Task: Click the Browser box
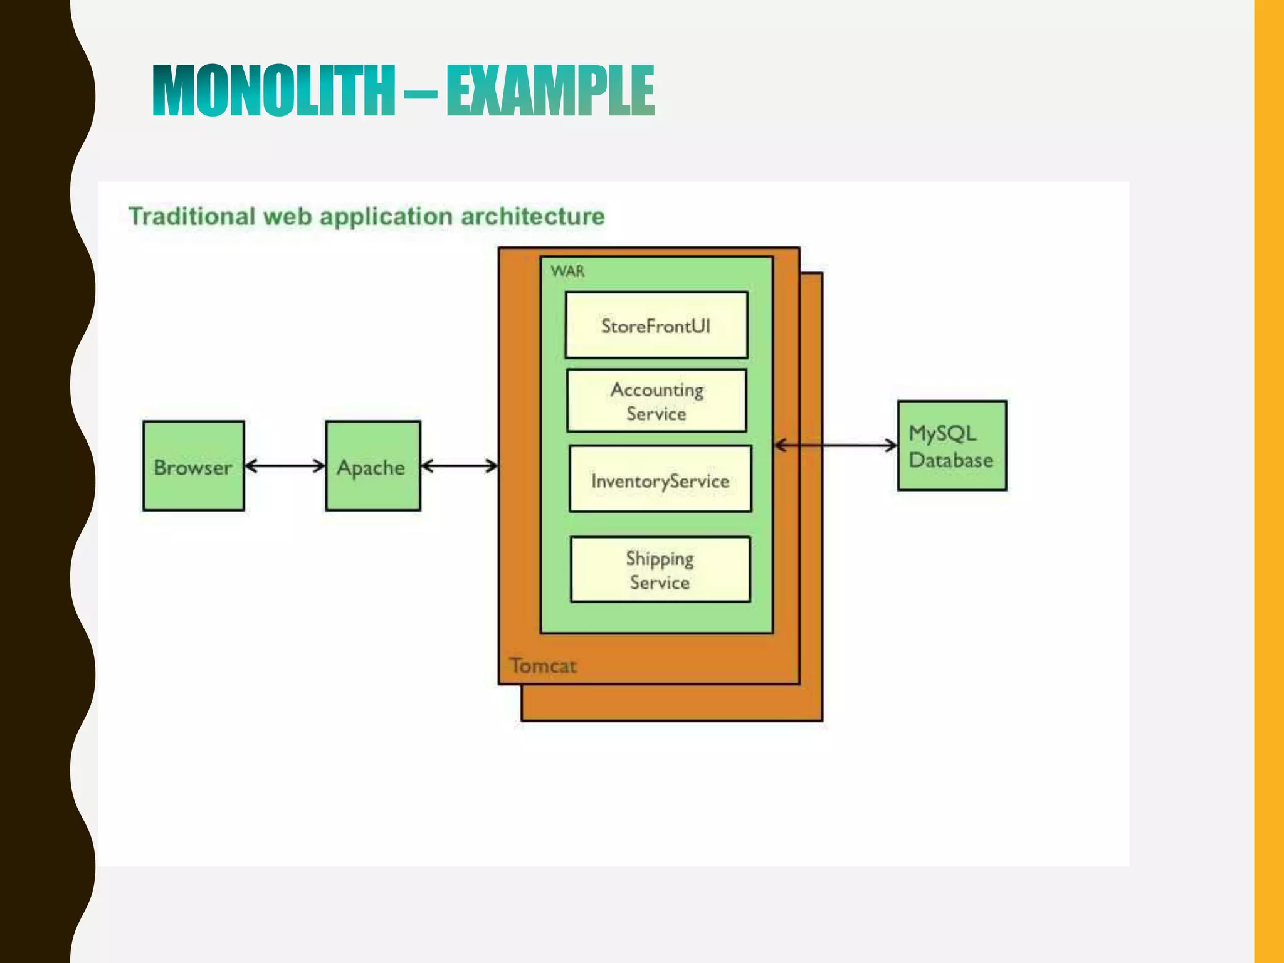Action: pyautogui.click(x=193, y=466)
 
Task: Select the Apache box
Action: pyautogui.click(x=372, y=466)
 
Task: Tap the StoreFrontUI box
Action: pyautogui.click(x=656, y=325)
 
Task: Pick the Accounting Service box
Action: pyautogui.click(x=656, y=401)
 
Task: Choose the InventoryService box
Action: pyautogui.click(x=660, y=479)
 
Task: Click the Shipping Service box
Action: pyautogui.click(x=660, y=569)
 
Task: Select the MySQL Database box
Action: pyautogui.click(x=951, y=446)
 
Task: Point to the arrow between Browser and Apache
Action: pyautogui.click(x=285, y=466)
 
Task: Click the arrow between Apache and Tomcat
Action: pyautogui.click(x=459, y=466)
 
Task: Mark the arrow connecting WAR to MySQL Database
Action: pyautogui.click(x=835, y=445)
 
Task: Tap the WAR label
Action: pyautogui.click(x=567, y=271)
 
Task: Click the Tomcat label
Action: pyautogui.click(x=542, y=665)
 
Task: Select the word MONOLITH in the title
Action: pyautogui.click(x=274, y=92)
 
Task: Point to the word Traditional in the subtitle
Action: pyautogui.click(x=192, y=216)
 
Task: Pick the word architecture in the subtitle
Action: pyautogui.click(x=533, y=216)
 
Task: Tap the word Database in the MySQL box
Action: pyautogui.click(x=950, y=460)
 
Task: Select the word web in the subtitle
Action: pyautogui.click(x=287, y=216)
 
